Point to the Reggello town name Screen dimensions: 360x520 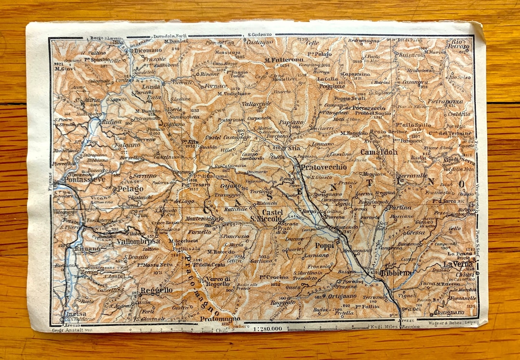tap(156, 291)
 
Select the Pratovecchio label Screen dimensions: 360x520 tap(324, 167)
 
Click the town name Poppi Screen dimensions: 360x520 tap(325, 245)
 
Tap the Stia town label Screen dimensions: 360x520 tap(294, 148)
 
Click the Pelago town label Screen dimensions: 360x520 tap(130, 189)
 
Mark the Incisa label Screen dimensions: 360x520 tap(70, 314)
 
